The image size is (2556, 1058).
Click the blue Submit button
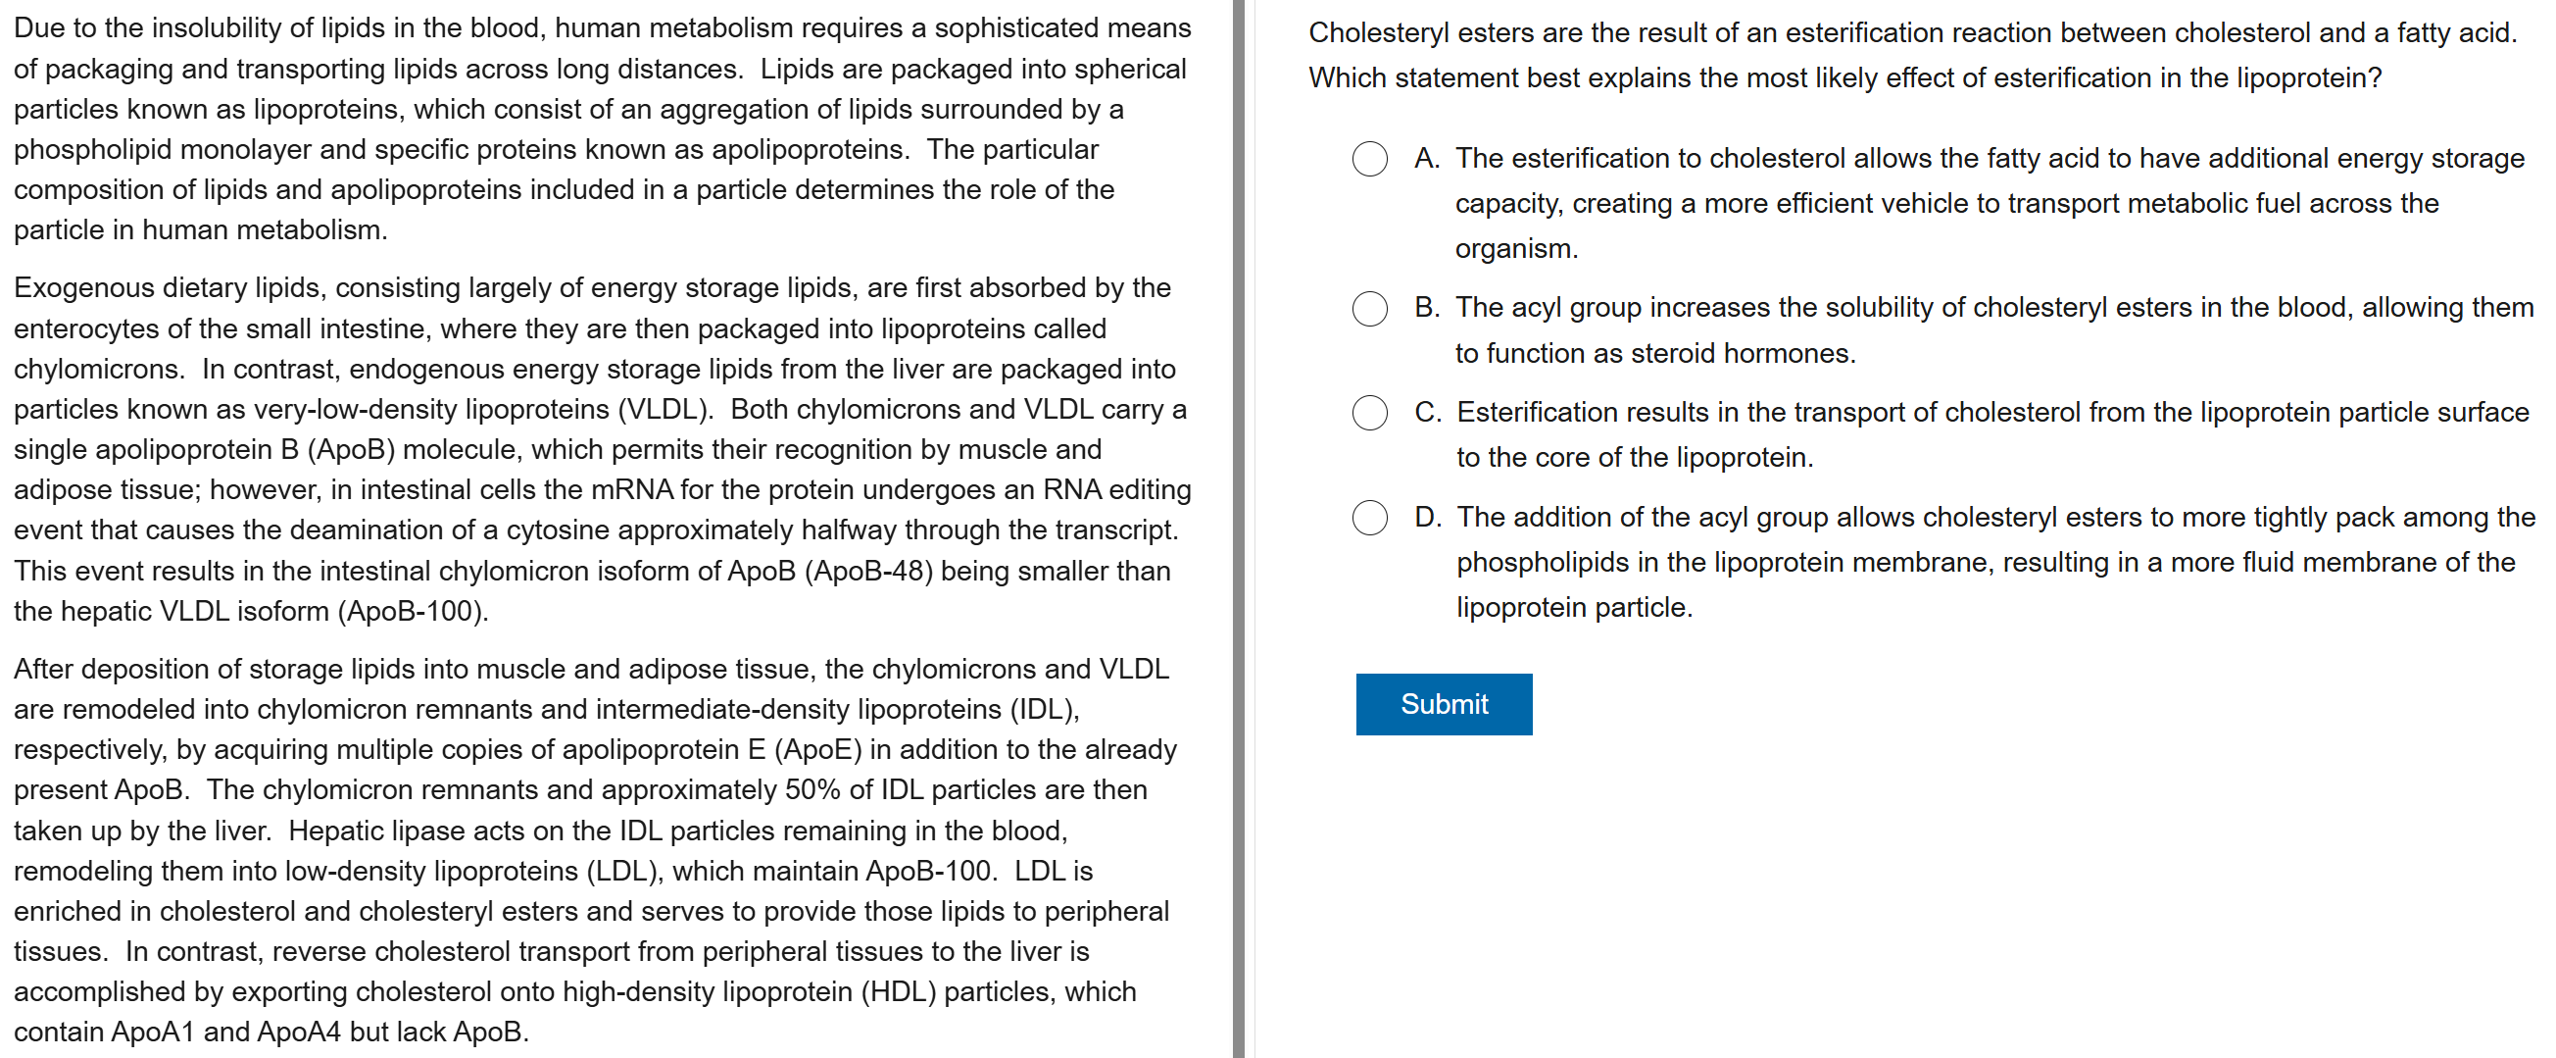coord(1443,704)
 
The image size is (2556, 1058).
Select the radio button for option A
coord(1369,159)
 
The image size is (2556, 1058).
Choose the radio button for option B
coord(1369,309)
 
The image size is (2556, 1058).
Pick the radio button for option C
coord(1369,413)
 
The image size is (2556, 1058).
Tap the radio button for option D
coord(1369,517)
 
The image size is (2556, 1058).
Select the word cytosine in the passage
coord(556,530)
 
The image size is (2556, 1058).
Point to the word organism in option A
coord(1514,248)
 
